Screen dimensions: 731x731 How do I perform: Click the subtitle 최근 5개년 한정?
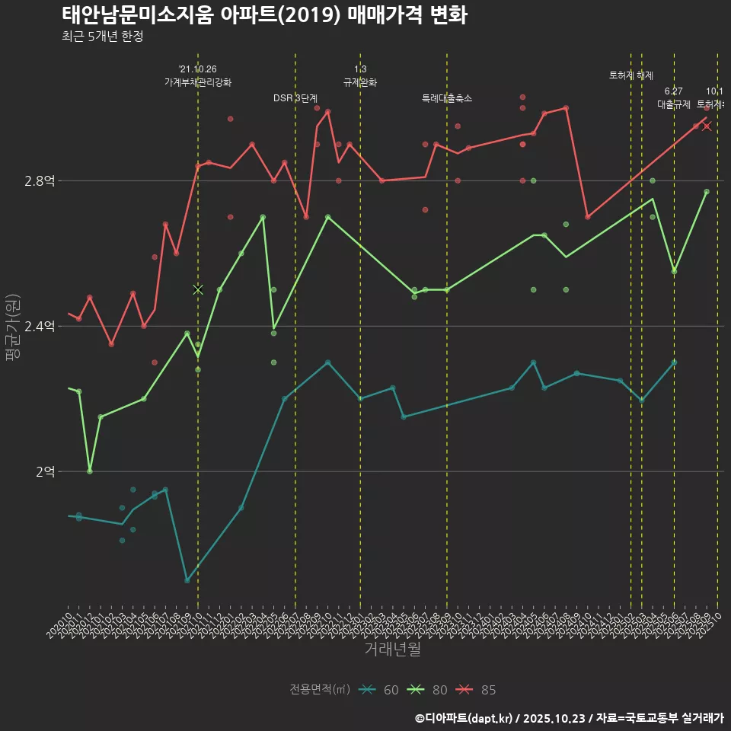102,36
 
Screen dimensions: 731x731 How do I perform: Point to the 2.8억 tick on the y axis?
40,181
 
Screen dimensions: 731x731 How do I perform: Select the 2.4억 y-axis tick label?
40,327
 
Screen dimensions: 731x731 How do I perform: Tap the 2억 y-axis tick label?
45,472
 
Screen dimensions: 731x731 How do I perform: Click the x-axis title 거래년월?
392,650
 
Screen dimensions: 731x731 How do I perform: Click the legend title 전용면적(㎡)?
320,690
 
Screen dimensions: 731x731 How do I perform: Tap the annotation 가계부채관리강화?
198,82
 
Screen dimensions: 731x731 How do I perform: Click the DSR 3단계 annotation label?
295,98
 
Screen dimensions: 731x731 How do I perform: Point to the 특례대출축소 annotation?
447,98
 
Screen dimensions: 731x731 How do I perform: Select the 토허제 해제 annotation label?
631,75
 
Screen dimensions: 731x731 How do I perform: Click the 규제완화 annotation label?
360,82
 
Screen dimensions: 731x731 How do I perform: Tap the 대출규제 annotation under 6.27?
674,104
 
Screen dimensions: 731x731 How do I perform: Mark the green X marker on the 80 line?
198,289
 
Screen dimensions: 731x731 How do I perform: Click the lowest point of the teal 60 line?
187,580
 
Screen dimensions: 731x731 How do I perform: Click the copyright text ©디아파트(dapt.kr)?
464,718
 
